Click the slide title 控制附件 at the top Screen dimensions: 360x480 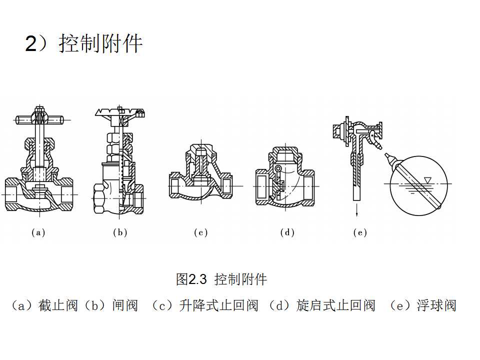click(x=100, y=44)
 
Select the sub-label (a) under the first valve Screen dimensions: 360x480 click(x=38, y=232)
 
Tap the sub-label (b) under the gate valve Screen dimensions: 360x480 click(x=120, y=232)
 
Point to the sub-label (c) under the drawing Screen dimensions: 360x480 click(x=200, y=232)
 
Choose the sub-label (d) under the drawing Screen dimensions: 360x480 click(x=287, y=232)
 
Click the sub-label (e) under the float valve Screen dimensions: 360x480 click(x=359, y=232)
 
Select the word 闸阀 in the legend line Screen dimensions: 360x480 click(x=124, y=305)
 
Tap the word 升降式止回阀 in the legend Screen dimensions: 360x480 click(x=218, y=305)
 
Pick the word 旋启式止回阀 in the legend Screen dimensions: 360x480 click(x=335, y=305)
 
